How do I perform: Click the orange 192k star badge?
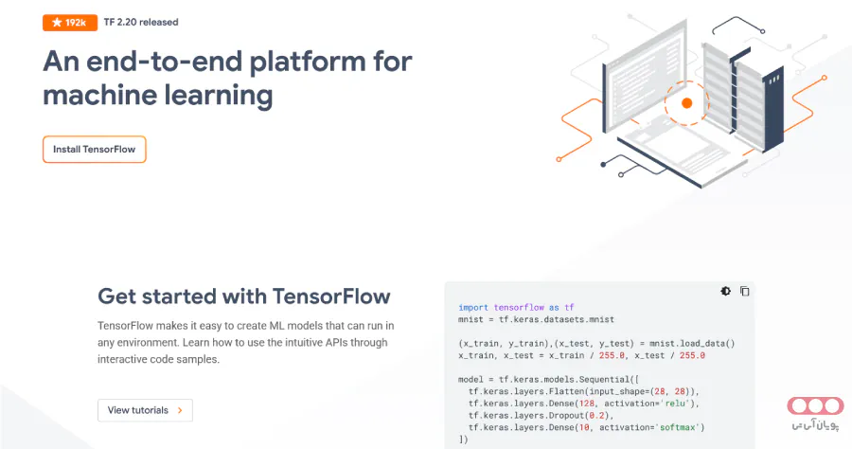[x=69, y=22]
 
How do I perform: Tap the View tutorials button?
[x=145, y=410]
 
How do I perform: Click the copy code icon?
[x=744, y=291]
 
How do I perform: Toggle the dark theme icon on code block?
[x=725, y=291]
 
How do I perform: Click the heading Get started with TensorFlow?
[x=244, y=296]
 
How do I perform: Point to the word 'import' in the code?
[x=473, y=307]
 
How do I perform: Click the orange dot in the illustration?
[x=687, y=102]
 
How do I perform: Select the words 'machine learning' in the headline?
[x=158, y=96]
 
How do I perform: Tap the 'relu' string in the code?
[x=675, y=403]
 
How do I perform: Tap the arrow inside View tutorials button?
[x=180, y=410]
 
